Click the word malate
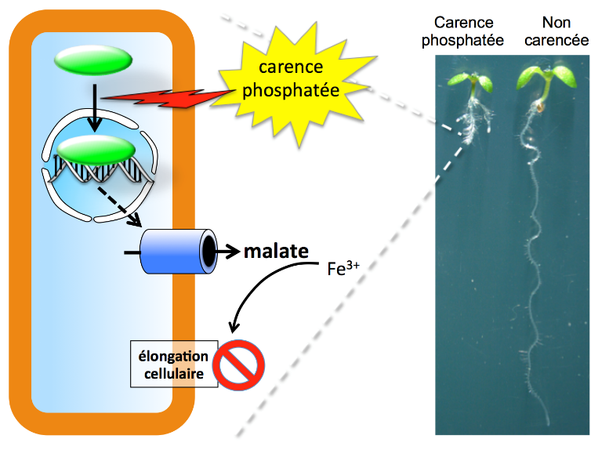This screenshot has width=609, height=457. [275, 252]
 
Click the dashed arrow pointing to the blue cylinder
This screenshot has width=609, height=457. [118, 205]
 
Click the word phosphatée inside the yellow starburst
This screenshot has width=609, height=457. [290, 91]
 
